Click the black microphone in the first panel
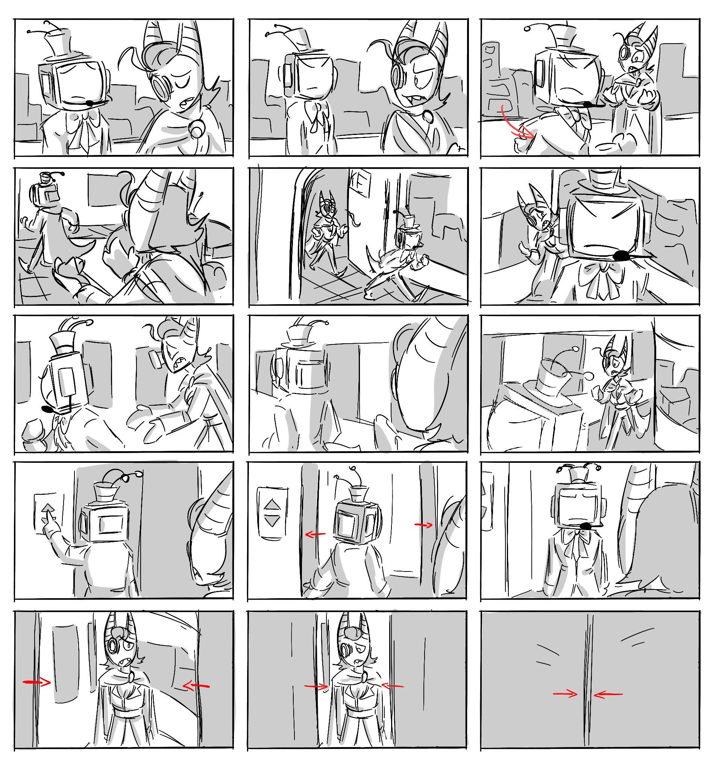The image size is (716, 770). pos(90,103)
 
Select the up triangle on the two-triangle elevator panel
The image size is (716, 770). pos(273,505)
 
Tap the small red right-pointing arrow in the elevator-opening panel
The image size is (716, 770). pos(423,525)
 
